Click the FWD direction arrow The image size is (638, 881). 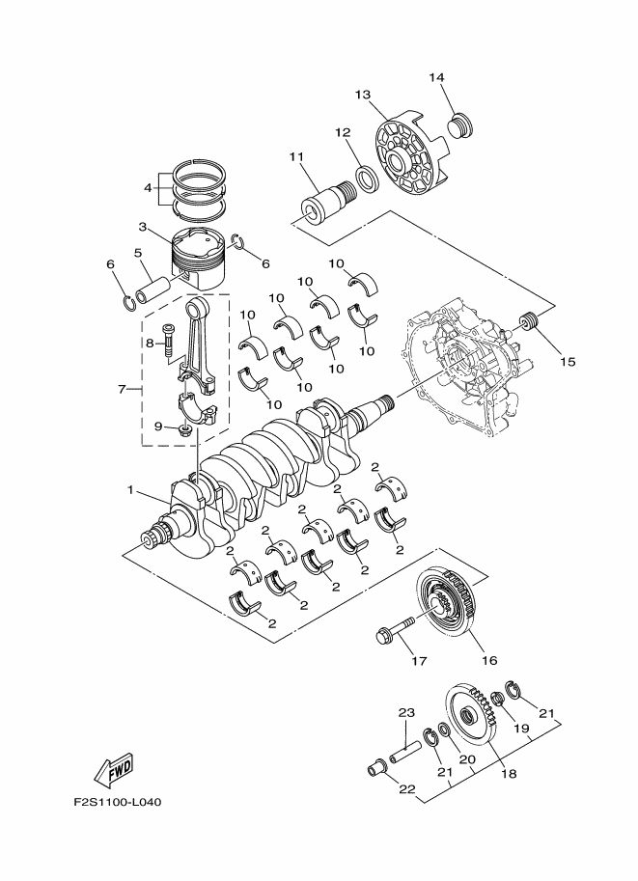pyautogui.click(x=114, y=768)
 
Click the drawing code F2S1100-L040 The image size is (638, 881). pyautogui.click(x=119, y=803)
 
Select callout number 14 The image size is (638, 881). pyautogui.click(x=436, y=77)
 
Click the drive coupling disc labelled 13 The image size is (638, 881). pyautogui.click(x=409, y=151)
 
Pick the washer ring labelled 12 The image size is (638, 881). pyautogui.click(x=366, y=177)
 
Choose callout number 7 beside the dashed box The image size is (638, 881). pyautogui.click(x=123, y=390)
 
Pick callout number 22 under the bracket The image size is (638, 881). pyautogui.click(x=406, y=789)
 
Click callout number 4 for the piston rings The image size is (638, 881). pyautogui.click(x=148, y=188)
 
